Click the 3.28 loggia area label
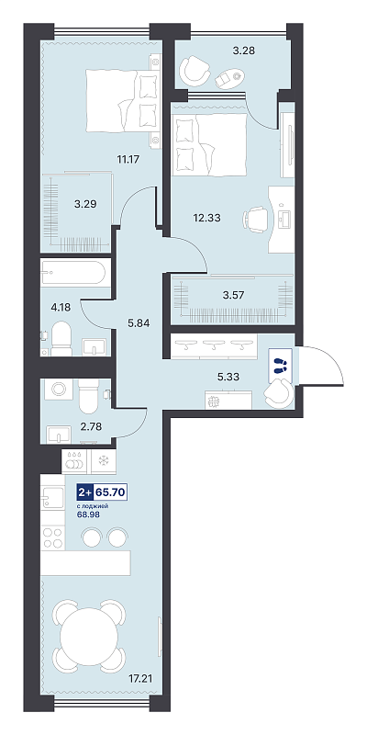coord(243,51)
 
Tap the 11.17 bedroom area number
coord(128,158)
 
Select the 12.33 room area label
coord(206,218)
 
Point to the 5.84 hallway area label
coord(139,322)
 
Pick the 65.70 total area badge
coord(111,492)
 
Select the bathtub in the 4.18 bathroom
coord(75,271)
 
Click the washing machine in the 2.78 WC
coord(59,389)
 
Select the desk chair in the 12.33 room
coord(256,220)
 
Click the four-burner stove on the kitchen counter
coord(53,537)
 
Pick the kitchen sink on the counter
coord(52,497)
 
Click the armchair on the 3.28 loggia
coord(195,71)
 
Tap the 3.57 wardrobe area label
coord(231,295)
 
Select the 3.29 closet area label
coord(85,204)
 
